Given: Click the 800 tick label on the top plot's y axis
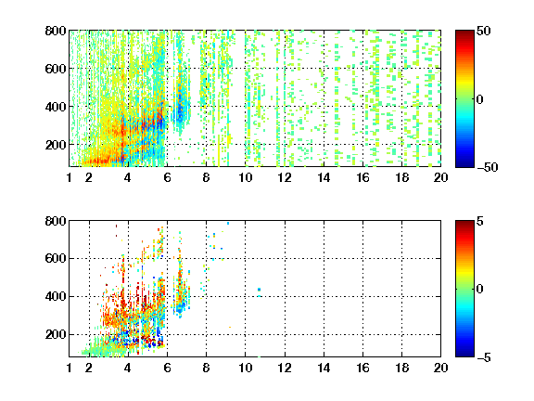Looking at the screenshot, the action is pos(56,31).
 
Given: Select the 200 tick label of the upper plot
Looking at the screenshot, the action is pos(56,145).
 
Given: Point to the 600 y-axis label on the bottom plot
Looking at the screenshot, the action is pos(56,258).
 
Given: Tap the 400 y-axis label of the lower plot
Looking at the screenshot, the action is pos(56,296).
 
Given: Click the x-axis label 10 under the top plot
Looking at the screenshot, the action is pos(245,177).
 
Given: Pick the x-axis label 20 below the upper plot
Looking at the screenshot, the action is pos(440,177).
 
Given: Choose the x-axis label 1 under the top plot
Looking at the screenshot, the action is pos(70,177).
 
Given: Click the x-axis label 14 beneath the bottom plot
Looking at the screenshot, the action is pos(324,368).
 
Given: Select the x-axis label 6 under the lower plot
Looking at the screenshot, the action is pos(167,368).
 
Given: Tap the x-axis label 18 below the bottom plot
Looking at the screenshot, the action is pos(401,368).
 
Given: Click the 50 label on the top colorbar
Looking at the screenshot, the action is pos(484,31).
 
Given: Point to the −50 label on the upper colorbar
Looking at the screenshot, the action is pos(487,167).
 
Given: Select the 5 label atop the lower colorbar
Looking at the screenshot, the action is pos(480,221).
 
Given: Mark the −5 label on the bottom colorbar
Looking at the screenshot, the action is pos(484,357).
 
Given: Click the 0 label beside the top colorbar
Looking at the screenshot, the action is pos(480,99).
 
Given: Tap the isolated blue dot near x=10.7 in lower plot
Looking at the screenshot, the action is pos(260,290).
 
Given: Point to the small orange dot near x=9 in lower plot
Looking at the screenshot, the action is pos(230,327).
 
